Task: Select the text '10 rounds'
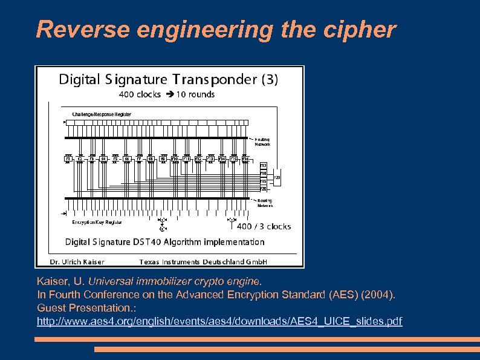(x=195, y=94)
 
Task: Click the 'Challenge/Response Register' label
(x=102, y=114)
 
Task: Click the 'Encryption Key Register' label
(x=97, y=222)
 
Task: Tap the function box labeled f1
(x=68, y=159)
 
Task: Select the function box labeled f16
(x=245, y=159)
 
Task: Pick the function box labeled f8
(x=151, y=159)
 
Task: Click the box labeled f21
(x=277, y=177)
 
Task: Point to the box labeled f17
(x=264, y=165)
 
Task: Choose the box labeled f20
(x=264, y=189)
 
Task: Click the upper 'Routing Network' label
(x=262, y=142)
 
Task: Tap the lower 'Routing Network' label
(x=265, y=203)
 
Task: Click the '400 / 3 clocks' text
(x=264, y=227)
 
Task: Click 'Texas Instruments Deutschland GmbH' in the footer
(x=203, y=262)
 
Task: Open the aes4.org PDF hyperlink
(x=219, y=321)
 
